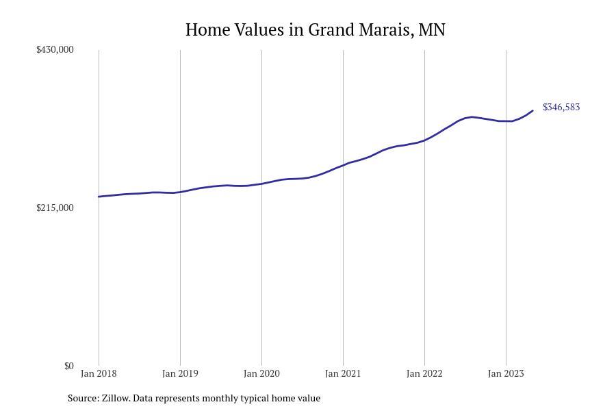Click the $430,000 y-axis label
click(55, 49)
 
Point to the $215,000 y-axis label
click(55, 208)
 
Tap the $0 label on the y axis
click(68, 366)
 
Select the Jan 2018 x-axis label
click(99, 373)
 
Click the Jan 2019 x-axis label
click(180, 373)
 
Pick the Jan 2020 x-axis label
click(261, 373)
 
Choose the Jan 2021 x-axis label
click(343, 373)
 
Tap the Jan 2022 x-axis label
click(424, 373)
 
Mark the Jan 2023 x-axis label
click(506, 373)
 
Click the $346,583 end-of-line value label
click(561, 107)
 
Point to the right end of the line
click(532, 111)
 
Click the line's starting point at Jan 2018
click(99, 197)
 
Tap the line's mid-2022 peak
click(472, 117)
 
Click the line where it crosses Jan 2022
click(424, 140)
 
